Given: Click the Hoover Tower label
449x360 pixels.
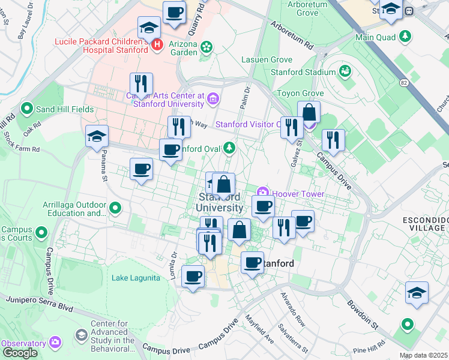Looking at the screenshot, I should click(298, 194).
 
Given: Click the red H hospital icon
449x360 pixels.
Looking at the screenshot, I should click(157, 44).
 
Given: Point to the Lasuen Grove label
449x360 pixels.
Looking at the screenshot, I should click(267, 60).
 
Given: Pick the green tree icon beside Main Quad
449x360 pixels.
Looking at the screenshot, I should click(406, 36).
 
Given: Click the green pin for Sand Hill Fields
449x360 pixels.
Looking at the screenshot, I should click(26, 109).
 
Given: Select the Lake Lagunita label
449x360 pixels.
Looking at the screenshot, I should click(136, 278).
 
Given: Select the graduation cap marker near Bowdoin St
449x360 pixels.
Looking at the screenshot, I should click(417, 293).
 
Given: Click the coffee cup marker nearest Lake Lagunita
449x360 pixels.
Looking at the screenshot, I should click(193, 277).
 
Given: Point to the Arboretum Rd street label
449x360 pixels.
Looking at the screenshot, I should click(292, 36).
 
